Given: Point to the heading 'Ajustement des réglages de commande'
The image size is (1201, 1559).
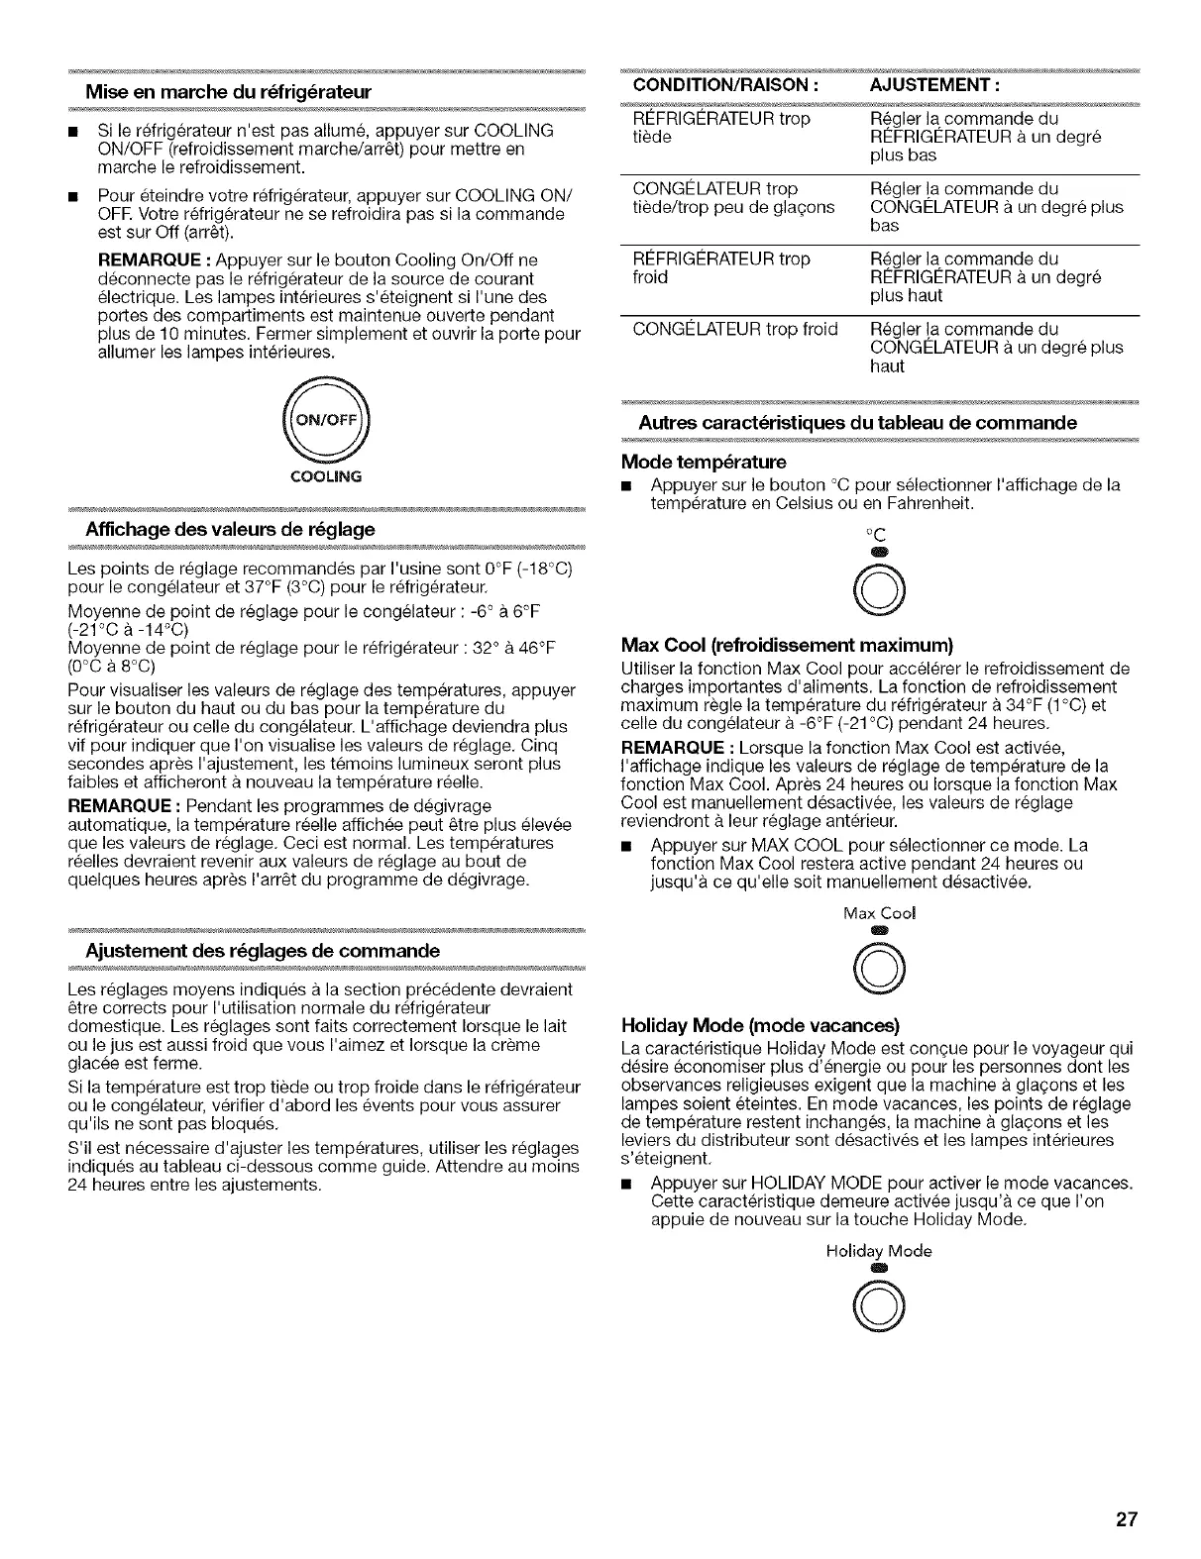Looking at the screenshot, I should [x=263, y=951].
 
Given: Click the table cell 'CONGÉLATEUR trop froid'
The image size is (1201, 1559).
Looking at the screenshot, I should [x=734, y=329].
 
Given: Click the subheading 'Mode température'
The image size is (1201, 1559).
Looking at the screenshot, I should [x=703, y=462].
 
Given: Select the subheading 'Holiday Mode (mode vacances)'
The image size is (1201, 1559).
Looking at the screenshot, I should [x=760, y=1024].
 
